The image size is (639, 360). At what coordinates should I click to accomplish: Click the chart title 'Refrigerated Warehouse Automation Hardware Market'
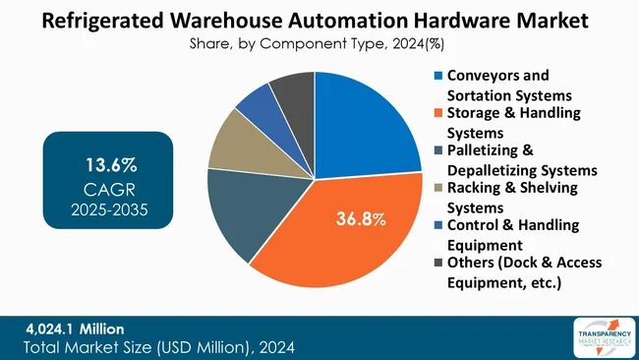pyautogui.click(x=319, y=20)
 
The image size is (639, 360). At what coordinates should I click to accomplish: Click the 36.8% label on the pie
pyautogui.click(x=359, y=218)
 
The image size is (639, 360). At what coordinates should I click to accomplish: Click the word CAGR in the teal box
pyautogui.click(x=109, y=188)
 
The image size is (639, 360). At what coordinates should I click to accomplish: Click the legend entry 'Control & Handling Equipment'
pyautogui.click(x=516, y=235)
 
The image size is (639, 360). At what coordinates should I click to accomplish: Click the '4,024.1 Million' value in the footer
pyautogui.click(x=75, y=328)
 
